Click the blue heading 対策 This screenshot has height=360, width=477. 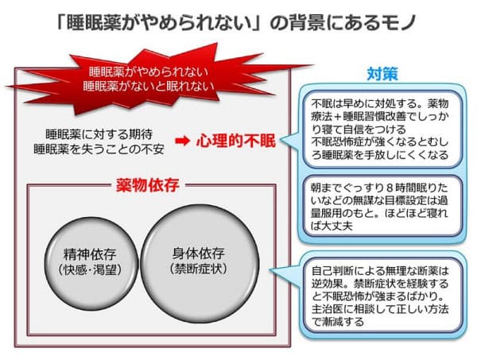(x=382, y=73)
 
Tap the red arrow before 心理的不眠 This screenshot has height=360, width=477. (x=183, y=141)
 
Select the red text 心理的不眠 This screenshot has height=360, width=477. (x=236, y=141)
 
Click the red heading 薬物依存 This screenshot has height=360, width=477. (x=148, y=185)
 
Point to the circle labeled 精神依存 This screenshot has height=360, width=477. (x=91, y=263)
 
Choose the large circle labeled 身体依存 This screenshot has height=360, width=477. (x=200, y=263)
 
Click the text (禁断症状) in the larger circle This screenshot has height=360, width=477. (x=199, y=269)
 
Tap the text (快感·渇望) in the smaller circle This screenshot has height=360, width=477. (x=90, y=269)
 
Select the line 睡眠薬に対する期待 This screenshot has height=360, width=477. (x=99, y=134)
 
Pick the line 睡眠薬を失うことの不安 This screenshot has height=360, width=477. (x=99, y=149)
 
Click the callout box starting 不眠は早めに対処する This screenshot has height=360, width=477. (x=382, y=130)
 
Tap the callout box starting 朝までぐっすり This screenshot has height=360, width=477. (x=382, y=206)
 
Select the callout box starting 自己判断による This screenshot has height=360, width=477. (x=382, y=296)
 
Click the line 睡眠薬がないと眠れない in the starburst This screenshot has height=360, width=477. (x=149, y=86)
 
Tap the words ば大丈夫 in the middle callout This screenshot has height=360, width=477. (x=332, y=226)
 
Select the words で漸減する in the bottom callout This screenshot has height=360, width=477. (x=338, y=322)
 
